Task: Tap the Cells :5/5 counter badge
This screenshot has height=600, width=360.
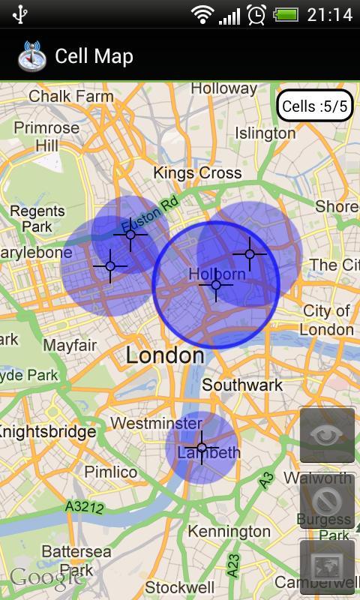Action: [x=314, y=106]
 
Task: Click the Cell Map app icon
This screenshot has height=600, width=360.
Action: [x=31, y=55]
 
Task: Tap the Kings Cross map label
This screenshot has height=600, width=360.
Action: [x=197, y=172]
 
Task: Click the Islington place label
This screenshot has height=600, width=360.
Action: [x=265, y=133]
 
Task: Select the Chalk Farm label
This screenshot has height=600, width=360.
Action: [x=71, y=96]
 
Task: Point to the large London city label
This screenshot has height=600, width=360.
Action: [x=165, y=355]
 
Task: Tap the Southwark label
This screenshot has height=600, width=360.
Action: [x=242, y=385]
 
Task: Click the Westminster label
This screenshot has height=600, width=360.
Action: [x=156, y=423]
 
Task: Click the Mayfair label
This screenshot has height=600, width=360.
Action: [x=70, y=346]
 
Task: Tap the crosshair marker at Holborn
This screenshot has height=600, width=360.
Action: [x=216, y=285]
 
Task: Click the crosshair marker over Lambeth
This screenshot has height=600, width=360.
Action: [x=201, y=448]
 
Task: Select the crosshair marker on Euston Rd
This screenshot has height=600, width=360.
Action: [x=130, y=235]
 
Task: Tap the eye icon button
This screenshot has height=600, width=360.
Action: [x=327, y=435]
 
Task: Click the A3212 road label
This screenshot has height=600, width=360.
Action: [x=84, y=507]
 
